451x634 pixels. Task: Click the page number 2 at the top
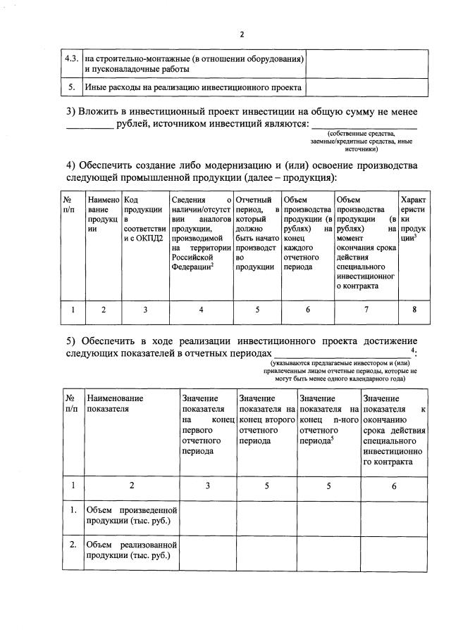[x=240, y=34]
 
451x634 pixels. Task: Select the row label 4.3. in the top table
[x=70, y=58]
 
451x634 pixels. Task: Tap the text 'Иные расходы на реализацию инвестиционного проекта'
[x=193, y=88]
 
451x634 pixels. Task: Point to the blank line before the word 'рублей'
[x=89, y=125]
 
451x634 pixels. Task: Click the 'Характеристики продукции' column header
[x=412, y=220]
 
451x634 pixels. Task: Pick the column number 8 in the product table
[x=413, y=308]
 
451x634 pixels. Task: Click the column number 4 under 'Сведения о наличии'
[x=201, y=308]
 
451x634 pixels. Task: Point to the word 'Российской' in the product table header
[x=191, y=258]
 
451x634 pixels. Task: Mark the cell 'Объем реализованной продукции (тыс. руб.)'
[x=130, y=550]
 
